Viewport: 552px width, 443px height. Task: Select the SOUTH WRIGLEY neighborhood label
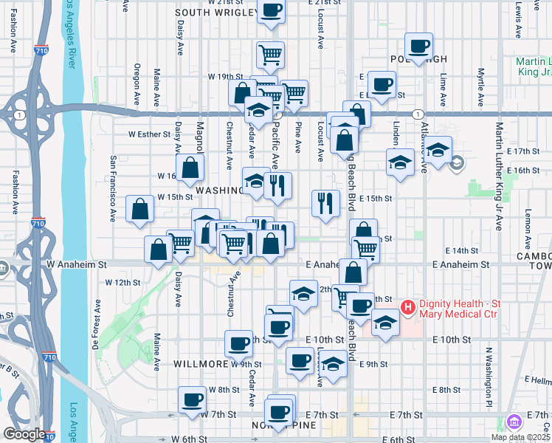[x=215, y=13]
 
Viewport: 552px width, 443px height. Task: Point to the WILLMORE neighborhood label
[x=200, y=364]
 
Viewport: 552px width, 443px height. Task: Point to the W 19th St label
[x=226, y=76]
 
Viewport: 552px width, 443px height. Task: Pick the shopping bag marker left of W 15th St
[x=140, y=210]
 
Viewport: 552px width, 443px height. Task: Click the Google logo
[x=24, y=434]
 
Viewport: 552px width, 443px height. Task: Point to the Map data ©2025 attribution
[x=520, y=437]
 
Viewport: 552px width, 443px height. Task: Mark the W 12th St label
[x=122, y=282]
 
